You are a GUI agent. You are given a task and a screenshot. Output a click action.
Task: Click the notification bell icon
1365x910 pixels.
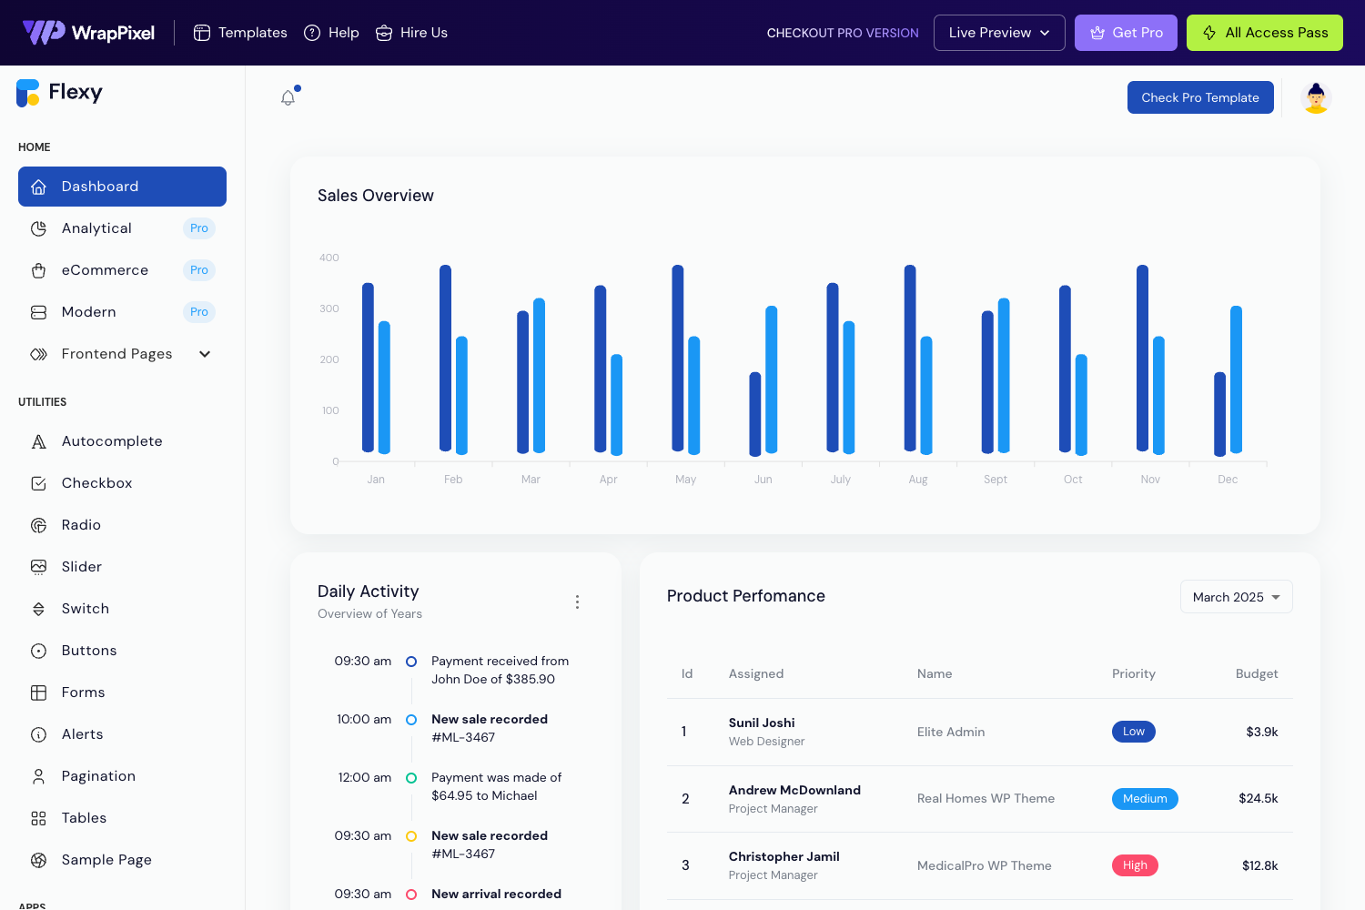click(x=288, y=97)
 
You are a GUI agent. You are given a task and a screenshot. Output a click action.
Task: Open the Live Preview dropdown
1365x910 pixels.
click(x=998, y=33)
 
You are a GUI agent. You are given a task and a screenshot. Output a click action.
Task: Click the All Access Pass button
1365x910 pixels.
click(x=1264, y=33)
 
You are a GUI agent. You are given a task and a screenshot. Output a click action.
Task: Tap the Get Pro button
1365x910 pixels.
click(x=1126, y=33)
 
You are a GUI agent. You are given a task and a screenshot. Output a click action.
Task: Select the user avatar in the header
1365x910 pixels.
click(x=1315, y=97)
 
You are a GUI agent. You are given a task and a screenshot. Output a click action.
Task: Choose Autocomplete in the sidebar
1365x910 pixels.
click(x=112, y=441)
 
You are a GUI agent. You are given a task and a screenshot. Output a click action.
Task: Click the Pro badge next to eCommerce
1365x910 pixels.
click(x=199, y=270)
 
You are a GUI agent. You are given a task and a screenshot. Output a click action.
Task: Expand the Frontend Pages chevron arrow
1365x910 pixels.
click(x=205, y=354)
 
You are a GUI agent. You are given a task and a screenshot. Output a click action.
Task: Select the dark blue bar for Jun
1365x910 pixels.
click(x=755, y=414)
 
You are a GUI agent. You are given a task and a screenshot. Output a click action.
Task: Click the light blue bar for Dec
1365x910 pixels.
click(x=1236, y=379)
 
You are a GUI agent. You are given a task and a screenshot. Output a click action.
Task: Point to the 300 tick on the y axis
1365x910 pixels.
click(x=329, y=309)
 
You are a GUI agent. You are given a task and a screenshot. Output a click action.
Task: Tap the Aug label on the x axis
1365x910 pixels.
click(x=917, y=480)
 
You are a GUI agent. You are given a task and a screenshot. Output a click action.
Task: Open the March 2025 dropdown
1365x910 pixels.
click(x=1236, y=597)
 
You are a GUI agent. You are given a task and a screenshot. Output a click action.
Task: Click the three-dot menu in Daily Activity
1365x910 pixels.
click(x=577, y=602)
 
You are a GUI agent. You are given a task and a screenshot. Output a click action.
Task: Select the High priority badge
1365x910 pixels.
click(x=1135, y=865)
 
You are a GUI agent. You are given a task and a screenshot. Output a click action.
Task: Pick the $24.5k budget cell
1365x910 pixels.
click(x=1258, y=799)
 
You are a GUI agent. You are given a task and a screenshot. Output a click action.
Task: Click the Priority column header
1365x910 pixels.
click(x=1133, y=674)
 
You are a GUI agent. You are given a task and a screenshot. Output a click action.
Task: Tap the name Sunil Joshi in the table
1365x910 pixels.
click(x=762, y=723)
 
